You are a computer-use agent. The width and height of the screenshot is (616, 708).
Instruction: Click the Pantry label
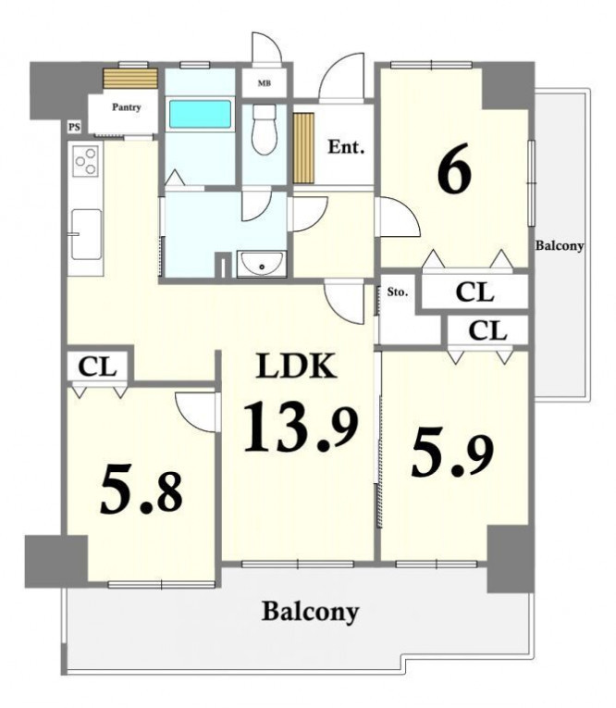[127, 107]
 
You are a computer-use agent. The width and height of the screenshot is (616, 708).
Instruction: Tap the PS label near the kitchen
[75, 128]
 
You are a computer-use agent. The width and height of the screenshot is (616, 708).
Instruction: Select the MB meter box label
[264, 83]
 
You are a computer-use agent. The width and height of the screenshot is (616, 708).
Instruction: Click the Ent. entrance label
[346, 147]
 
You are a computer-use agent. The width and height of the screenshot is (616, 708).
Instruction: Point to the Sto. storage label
[397, 292]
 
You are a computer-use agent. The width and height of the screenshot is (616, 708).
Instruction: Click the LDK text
[296, 366]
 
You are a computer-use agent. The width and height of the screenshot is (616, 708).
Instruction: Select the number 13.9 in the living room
[301, 428]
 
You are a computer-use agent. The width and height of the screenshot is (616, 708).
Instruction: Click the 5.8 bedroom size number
[142, 489]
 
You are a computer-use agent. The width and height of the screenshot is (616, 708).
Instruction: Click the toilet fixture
[264, 130]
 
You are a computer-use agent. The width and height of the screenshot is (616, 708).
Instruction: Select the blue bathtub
[200, 114]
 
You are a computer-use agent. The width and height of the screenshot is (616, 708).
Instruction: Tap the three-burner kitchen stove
[86, 161]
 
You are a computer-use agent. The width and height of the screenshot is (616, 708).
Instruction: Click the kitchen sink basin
[86, 234]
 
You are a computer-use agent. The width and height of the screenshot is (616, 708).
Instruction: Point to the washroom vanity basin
[262, 264]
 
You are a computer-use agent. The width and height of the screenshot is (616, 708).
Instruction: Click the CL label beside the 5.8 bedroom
[97, 367]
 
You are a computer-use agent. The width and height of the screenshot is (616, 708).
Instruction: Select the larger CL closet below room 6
[474, 292]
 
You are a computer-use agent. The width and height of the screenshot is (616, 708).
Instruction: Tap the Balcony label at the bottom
[311, 612]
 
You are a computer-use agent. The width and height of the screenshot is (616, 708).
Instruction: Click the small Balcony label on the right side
[560, 245]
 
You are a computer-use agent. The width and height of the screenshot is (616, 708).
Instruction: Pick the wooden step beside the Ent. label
[303, 148]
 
